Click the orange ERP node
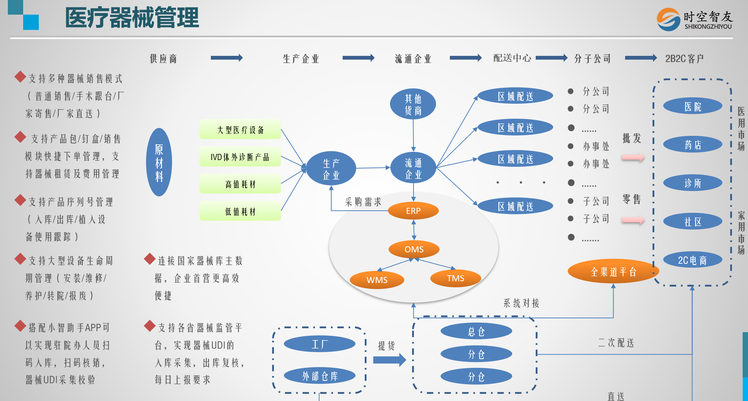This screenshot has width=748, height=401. click(x=413, y=211)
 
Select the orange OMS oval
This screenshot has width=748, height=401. click(x=414, y=249)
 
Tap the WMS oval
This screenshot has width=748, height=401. click(x=377, y=280)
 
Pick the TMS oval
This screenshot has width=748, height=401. click(x=456, y=278)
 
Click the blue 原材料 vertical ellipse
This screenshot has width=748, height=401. click(x=159, y=163)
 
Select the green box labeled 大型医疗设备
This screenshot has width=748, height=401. click(x=240, y=130)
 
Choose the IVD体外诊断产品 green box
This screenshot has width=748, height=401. click(x=240, y=157)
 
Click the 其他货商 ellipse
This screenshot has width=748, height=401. click(x=413, y=104)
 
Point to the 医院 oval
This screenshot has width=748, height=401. click(x=692, y=106)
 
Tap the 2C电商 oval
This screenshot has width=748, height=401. click(x=692, y=260)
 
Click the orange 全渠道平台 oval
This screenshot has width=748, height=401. click(x=613, y=272)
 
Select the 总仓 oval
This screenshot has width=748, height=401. click(x=476, y=331)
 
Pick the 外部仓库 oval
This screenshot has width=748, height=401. click(x=320, y=376)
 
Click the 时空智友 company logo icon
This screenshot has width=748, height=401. click(x=669, y=19)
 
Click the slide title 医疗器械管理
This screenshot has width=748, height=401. click(x=132, y=18)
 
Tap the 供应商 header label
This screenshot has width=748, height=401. click(x=163, y=58)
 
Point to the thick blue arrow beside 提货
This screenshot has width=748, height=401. click(x=389, y=360)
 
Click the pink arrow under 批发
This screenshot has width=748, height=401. click(x=633, y=157)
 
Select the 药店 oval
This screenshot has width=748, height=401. click(x=692, y=145)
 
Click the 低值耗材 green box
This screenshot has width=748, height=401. click(x=240, y=211)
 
